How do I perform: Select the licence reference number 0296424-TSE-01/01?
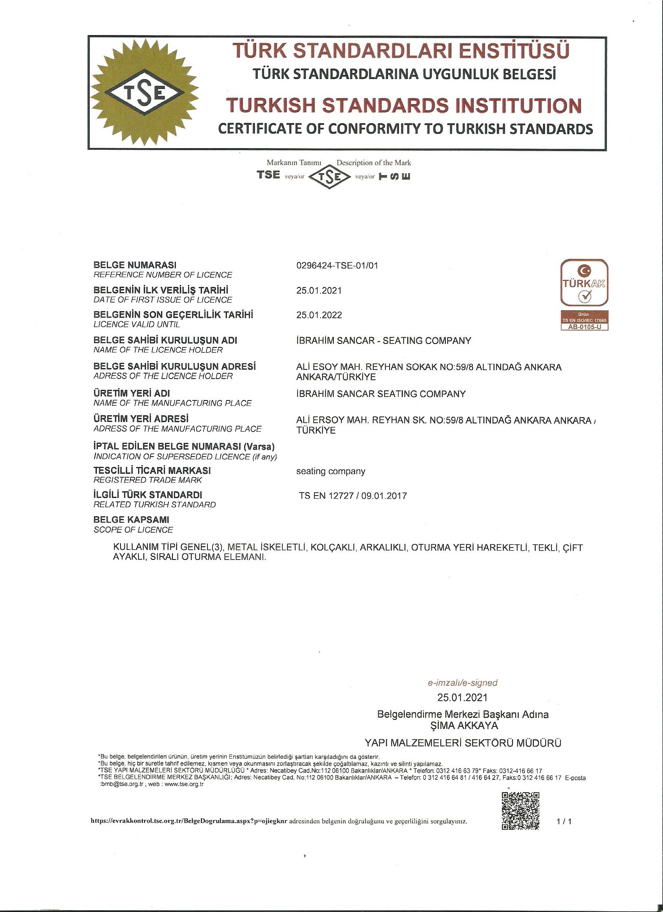pos(337,266)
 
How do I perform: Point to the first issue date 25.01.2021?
pos(319,290)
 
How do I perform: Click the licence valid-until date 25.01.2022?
pos(319,315)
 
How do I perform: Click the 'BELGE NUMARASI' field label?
pos(135,265)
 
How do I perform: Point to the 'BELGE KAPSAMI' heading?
pos(131,520)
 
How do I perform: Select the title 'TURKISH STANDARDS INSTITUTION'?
pos(404,105)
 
